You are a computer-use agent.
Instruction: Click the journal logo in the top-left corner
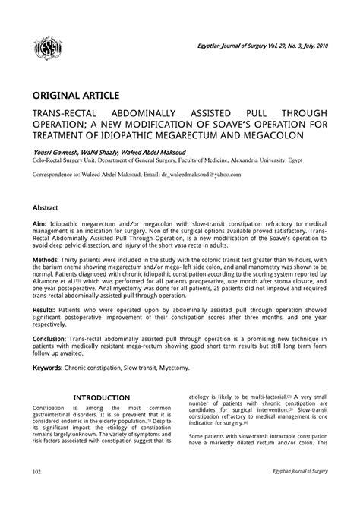49,50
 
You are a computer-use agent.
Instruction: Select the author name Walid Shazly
105,152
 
